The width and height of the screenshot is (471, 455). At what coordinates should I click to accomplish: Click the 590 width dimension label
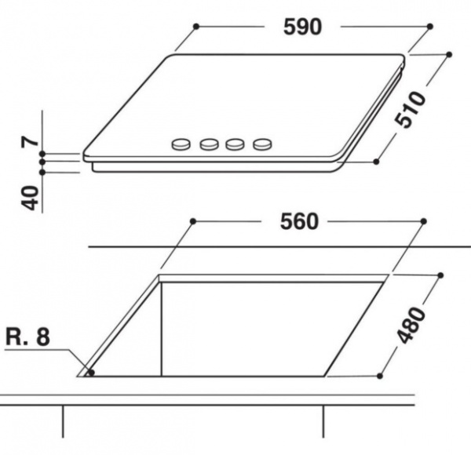point(302,27)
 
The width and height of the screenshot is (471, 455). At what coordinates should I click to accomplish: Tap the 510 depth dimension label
point(411,110)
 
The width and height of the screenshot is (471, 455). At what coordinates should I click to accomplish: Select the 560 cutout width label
point(299,222)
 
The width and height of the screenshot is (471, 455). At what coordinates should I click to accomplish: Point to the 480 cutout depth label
point(411,325)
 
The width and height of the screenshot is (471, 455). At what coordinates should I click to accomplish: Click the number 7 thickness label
point(30,141)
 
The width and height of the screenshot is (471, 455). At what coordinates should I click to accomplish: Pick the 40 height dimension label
point(30,198)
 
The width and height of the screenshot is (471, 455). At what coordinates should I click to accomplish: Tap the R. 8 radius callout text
point(27,337)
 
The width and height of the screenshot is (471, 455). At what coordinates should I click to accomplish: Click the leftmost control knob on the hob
point(181,144)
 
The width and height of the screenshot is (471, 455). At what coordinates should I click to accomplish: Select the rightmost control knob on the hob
point(262,144)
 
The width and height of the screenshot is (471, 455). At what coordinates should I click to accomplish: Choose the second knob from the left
point(209,144)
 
